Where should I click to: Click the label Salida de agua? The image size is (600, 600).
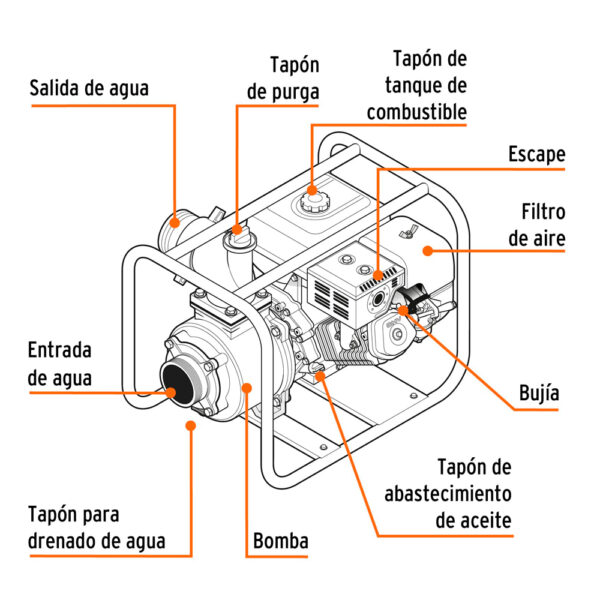click(89, 88)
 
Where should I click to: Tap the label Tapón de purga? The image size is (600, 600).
click(282, 79)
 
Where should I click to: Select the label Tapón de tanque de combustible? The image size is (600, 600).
click(416, 86)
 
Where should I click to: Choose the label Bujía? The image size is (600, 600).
click(539, 393)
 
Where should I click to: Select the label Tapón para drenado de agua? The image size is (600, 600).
click(96, 529)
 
